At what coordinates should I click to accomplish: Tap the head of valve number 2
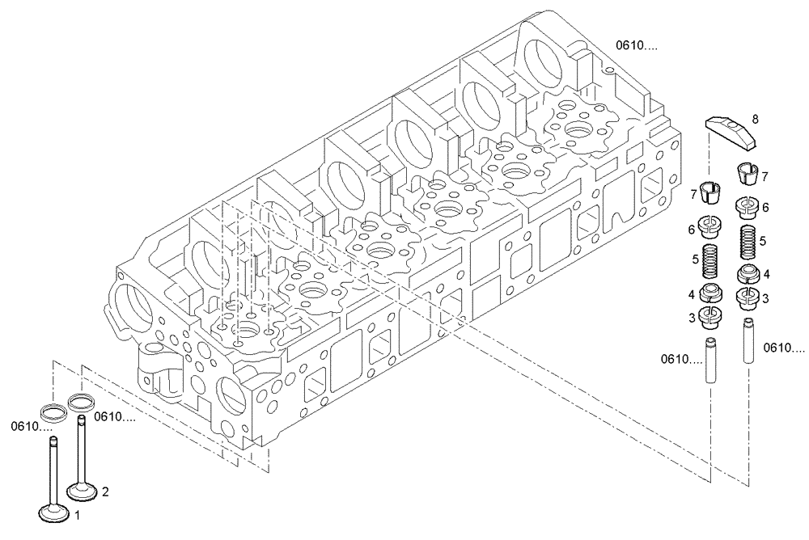point(83,491)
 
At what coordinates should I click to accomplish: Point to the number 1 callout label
point(78,514)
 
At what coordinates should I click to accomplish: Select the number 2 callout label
point(104,491)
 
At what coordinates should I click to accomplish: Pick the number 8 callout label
point(755,119)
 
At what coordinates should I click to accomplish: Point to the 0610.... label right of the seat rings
point(115,417)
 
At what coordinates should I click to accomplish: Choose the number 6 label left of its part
point(692,230)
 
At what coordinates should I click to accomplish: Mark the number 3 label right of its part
point(765,298)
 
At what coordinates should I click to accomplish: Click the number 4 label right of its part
point(765,274)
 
